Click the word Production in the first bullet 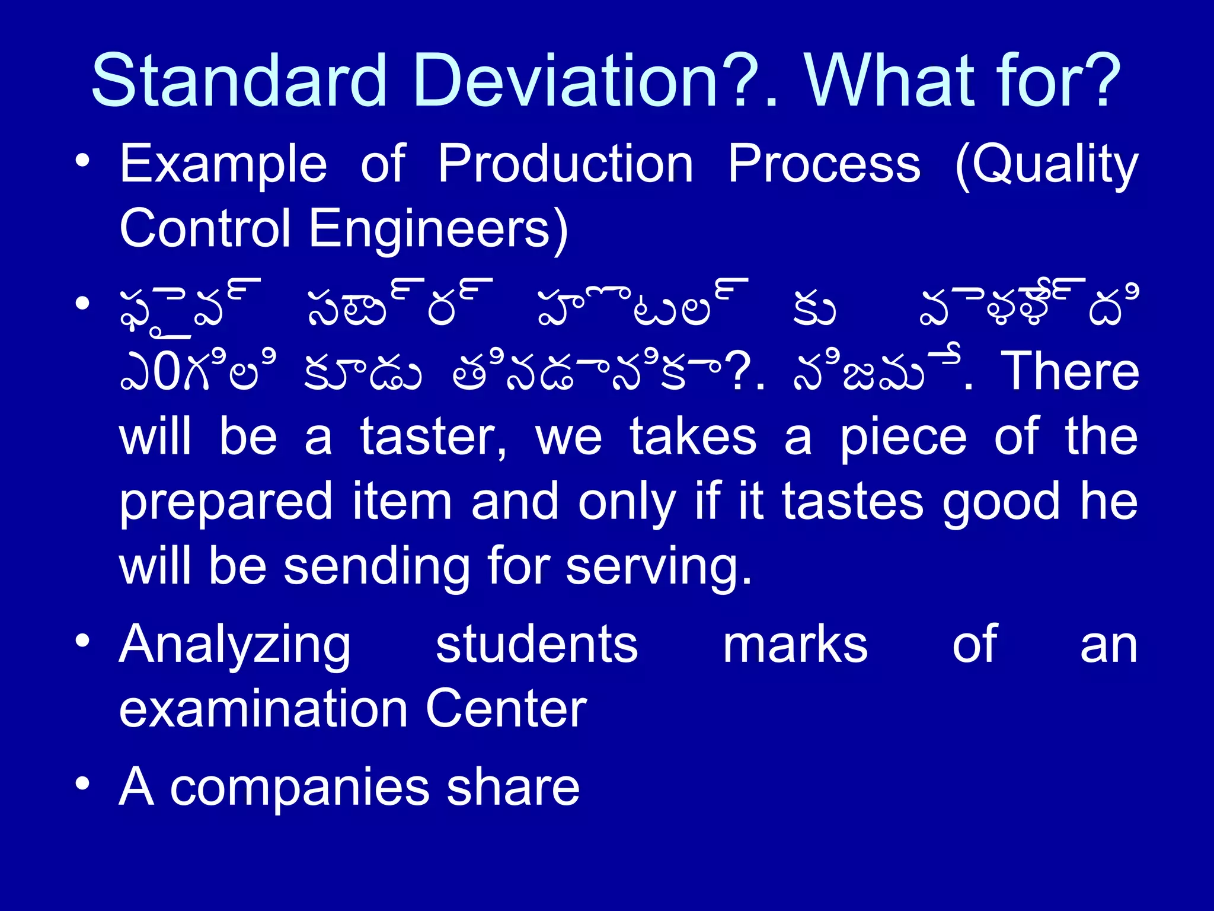[x=566, y=164]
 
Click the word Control [x=205, y=228]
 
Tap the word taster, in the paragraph [x=433, y=438]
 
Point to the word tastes [x=852, y=502]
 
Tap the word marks [x=796, y=645]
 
